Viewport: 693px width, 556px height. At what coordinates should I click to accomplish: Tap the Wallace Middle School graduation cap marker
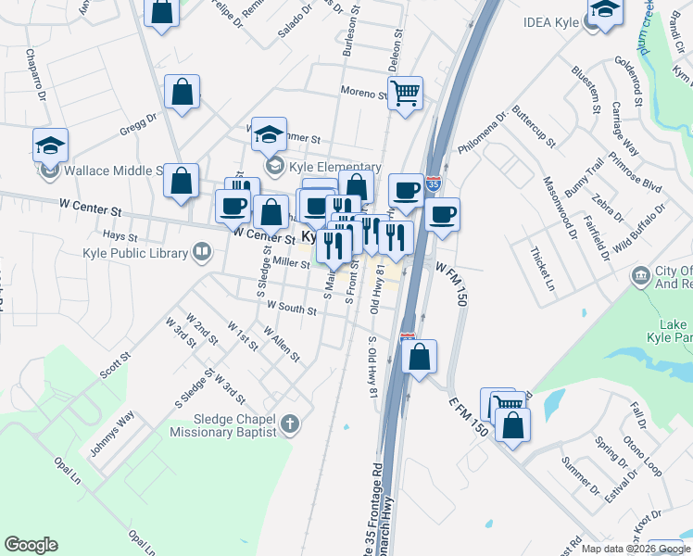tap(50, 145)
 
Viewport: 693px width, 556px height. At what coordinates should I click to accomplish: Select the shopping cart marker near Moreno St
tap(405, 94)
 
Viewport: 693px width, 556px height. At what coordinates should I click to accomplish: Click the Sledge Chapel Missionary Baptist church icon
tap(291, 425)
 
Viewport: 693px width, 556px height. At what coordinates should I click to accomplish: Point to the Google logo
tap(31, 545)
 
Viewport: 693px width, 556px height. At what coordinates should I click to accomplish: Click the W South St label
tap(291, 306)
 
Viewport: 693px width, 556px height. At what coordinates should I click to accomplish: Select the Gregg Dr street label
tap(139, 125)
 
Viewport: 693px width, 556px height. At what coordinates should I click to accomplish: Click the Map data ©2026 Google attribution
tap(635, 549)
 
